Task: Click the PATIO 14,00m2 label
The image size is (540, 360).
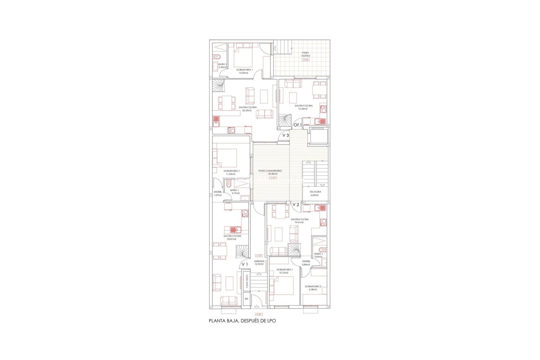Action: pyautogui.click(x=305, y=54)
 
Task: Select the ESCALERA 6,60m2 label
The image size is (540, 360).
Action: pyautogui.click(x=315, y=193)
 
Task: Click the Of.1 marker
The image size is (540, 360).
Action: pyautogui.click(x=297, y=125)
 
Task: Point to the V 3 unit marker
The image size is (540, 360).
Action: pyautogui.click(x=285, y=135)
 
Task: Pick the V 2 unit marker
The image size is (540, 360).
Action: pyautogui.click(x=296, y=204)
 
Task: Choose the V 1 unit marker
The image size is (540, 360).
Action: pyautogui.click(x=245, y=264)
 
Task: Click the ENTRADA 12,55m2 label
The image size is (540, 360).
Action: pyautogui.click(x=259, y=262)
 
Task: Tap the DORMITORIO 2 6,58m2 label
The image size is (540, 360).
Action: pyautogui.click(x=313, y=288)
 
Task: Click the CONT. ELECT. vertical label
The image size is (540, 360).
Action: pyautogui.click(x=247, y=281)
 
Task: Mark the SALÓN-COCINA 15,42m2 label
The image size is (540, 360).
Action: pyautogui.click(x=303, y=107)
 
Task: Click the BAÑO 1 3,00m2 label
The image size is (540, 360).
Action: pyautogui.click(x=318, y=255)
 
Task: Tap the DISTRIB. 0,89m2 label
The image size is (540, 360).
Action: pyautogui.click(x=306, y=263)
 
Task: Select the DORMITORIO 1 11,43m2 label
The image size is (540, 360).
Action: pyautogui.click(x=231, y=172)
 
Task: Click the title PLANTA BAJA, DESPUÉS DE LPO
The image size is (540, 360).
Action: pyautogui.click(x=242, y=321)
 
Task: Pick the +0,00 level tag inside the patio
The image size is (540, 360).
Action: pyautogui.click(x=305, y=60)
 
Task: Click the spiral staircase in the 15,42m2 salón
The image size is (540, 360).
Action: pyautogui.click(x=286, y=121)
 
